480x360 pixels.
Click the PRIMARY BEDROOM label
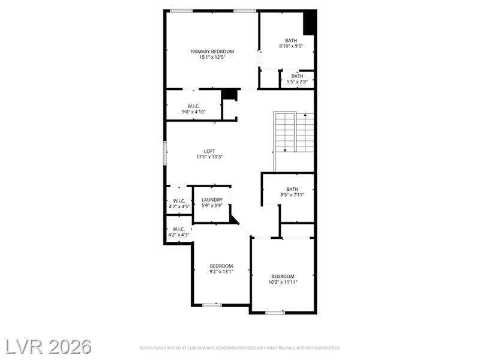[212, 52]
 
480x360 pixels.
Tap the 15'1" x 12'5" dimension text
[212, 57]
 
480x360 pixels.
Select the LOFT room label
[209, 151]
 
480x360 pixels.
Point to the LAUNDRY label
[212, 200]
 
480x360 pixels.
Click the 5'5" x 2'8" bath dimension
[297, 82]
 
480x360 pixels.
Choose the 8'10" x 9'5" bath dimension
[291, 46]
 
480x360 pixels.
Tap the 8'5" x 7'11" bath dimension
[292, 194]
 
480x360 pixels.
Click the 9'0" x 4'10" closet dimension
[193, 112]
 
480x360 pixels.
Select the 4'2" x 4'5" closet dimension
[179, 206]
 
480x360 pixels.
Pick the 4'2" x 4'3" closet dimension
[179, 235]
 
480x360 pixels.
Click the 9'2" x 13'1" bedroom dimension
[221, 271]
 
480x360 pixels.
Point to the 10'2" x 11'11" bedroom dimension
[283, 282]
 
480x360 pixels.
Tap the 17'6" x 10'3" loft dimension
[209, 157]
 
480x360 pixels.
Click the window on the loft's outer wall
[164, 153]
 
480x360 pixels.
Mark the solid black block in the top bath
[309, 23]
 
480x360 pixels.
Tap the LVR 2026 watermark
[49, 347]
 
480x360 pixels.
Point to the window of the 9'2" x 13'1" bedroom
[212, 305]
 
